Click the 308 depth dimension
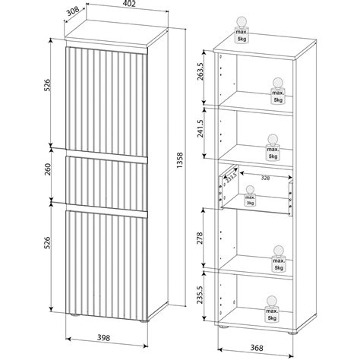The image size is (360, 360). click(x=71, y=11)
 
